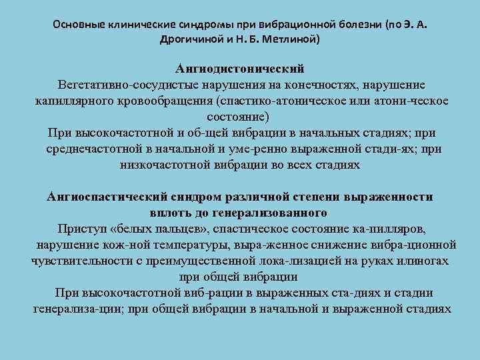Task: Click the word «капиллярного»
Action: [x=71, y=101]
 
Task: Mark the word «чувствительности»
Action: [x=79, y=260]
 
